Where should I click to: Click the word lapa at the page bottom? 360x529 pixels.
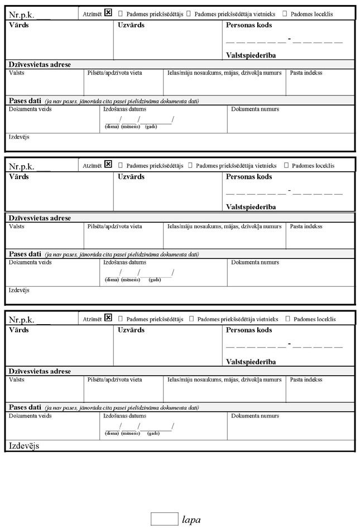(191, 520)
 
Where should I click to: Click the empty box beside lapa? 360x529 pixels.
(164, 519)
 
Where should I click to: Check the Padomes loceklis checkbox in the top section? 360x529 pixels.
(286, 13)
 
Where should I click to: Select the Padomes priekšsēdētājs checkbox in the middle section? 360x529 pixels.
(121, 166)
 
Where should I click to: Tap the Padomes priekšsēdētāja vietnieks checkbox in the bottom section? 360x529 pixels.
(191, 319)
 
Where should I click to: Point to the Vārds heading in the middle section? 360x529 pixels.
(18, 177)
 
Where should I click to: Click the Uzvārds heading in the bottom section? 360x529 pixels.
(131, 330)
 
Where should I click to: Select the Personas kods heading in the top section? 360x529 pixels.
(249, 25)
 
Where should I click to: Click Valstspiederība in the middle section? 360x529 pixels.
(251, 207)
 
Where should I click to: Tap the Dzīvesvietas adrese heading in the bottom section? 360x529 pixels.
(40, 371)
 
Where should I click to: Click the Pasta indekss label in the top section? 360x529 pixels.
(306, 73)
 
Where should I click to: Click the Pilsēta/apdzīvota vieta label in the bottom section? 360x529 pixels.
(114, 379)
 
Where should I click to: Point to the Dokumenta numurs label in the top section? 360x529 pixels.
(255, 109)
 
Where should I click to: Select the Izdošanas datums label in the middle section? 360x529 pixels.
(125, 262)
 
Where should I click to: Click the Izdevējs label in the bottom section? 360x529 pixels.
(24, 446)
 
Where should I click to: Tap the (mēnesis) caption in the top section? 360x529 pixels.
(130, 127)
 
